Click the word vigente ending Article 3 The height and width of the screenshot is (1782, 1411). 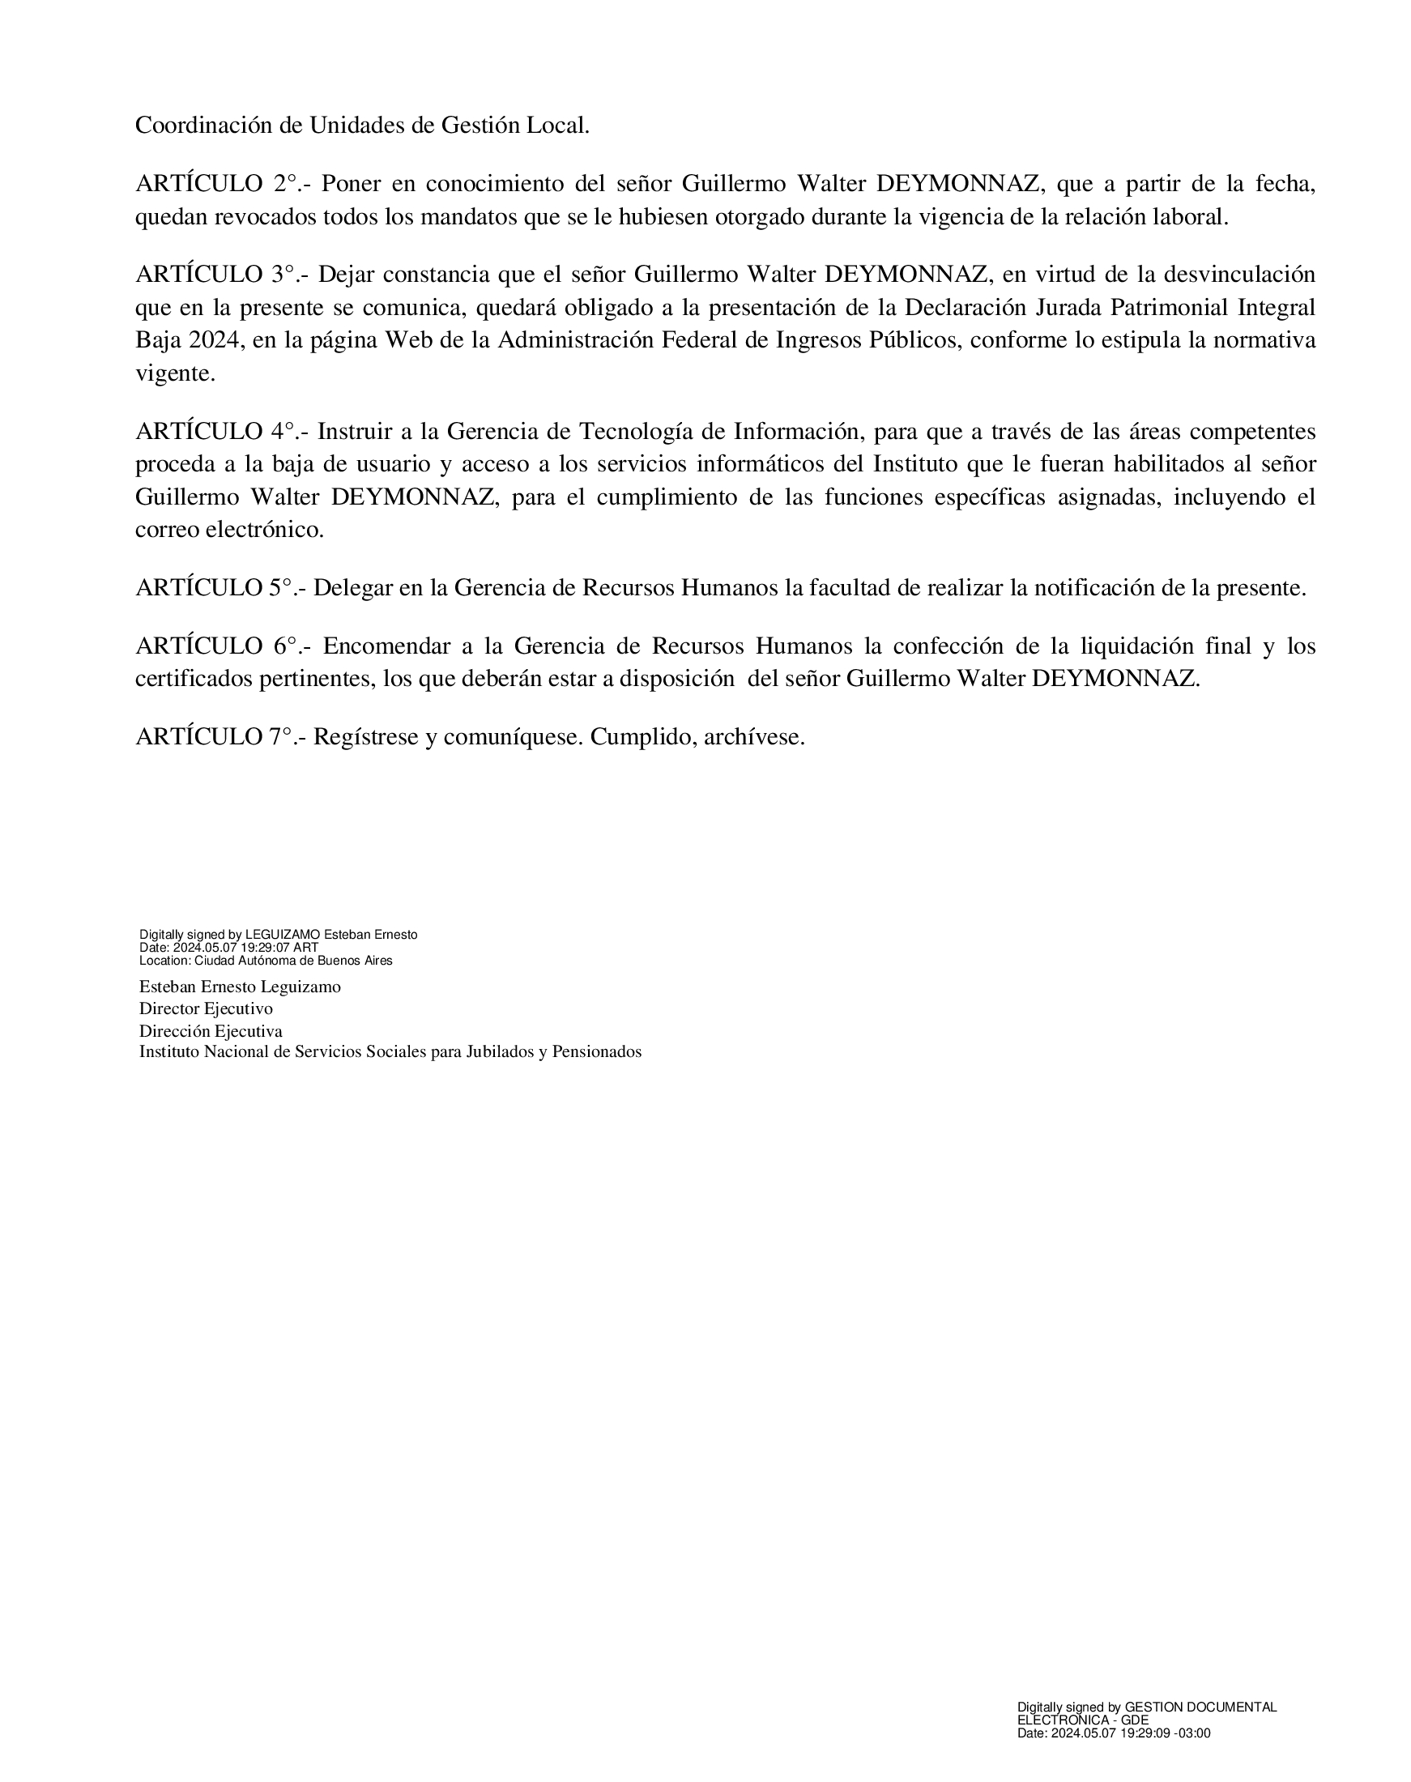coord(175,374)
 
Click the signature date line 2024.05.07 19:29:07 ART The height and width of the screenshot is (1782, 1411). coord(245,948)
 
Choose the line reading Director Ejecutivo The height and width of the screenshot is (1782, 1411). coord(206,1008)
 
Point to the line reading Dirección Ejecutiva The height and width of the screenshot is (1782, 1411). coord(211,1031)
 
